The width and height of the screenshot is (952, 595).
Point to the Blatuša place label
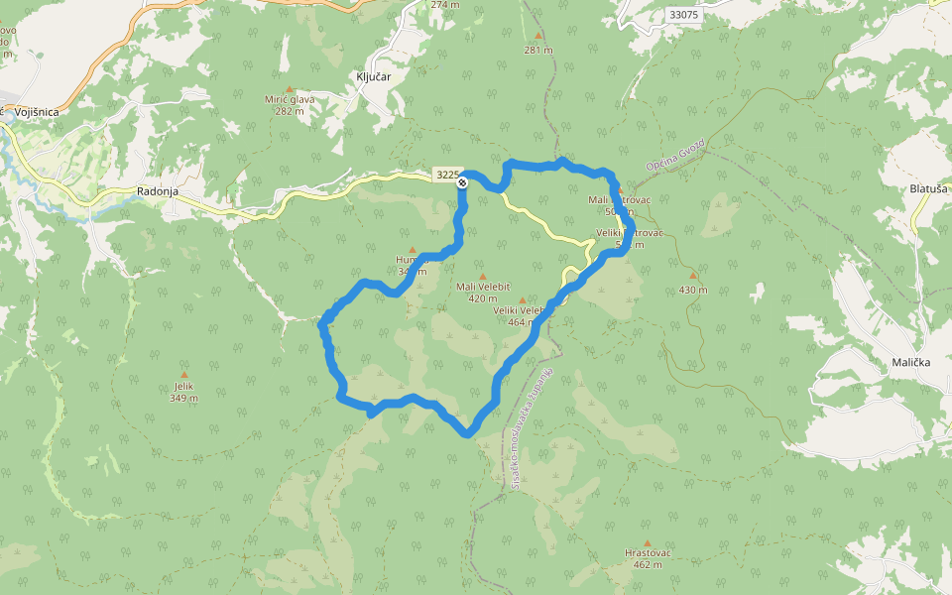point(929,187)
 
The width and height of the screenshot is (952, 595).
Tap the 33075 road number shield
point(683,15)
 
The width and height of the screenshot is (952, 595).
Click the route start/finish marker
point(462,181)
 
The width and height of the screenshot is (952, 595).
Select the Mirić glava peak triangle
point(290,89)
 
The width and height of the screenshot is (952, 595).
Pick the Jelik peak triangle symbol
point(184,376)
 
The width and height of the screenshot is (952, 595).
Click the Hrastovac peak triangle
point(648,543)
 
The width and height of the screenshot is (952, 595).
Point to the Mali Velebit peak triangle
point(483,277)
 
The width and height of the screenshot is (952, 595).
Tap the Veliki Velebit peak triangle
point(522,299)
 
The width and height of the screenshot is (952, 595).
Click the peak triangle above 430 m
point(693,277)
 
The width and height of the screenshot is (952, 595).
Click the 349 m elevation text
point(183,399)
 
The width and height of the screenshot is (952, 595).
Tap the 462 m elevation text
point(648,564)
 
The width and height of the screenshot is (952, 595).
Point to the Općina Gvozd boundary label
point(674,155)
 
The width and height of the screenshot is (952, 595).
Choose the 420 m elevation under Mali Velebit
point(483,297)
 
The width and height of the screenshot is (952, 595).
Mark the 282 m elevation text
point(290,111)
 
